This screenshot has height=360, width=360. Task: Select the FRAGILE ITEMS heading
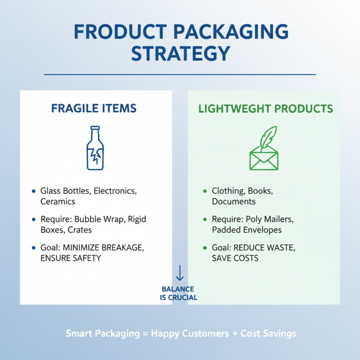pos(94,108)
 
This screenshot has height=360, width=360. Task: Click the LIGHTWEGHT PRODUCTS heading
pos(266,108)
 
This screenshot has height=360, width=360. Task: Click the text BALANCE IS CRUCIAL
pos(179,293)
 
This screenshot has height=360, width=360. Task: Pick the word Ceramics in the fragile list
pos(58,202)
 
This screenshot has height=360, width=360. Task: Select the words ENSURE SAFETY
pos(71,258)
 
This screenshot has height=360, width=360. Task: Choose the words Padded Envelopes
pos(247,230)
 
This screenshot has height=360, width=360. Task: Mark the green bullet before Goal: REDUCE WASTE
pos(205,248)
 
